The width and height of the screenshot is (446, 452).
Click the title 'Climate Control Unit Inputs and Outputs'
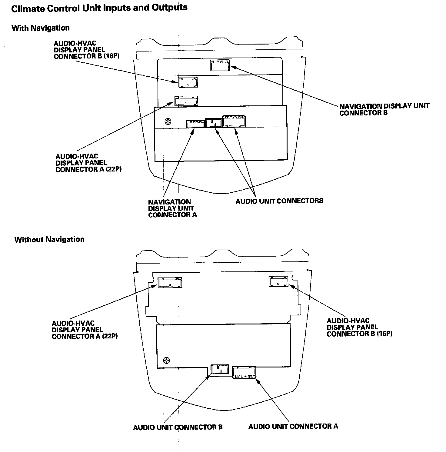point(99,8)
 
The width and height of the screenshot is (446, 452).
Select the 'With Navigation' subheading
point(41,28)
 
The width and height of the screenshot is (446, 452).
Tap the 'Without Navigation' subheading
point(49,240)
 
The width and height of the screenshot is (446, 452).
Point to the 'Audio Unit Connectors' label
point(279,201)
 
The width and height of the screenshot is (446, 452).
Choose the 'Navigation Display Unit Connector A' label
point(172,208)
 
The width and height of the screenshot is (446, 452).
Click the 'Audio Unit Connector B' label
point(178,427)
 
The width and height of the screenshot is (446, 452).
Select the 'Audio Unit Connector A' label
point(293,427)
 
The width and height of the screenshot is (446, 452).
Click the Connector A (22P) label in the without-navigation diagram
point(85,330)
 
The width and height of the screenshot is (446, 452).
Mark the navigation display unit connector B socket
point(220,65)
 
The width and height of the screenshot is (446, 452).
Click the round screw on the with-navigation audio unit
point(168,122)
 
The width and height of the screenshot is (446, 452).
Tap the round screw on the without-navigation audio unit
point(166,361)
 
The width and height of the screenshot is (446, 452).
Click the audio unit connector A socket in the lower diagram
point(244,372)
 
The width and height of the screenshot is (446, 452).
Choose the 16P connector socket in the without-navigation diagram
point(278,281)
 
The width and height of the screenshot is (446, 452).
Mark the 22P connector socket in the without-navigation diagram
point(170,283)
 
